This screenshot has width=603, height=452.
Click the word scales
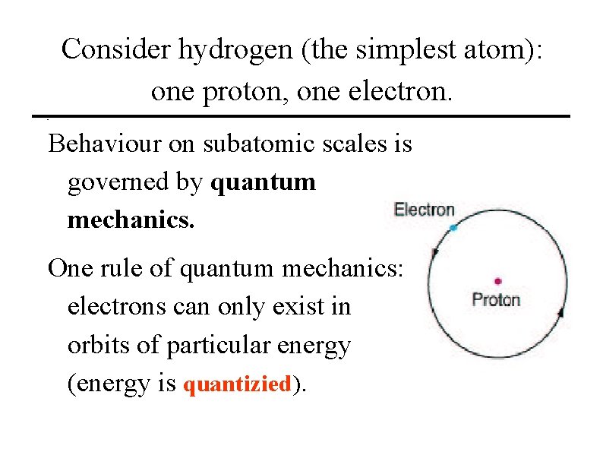click(x=361, y=143)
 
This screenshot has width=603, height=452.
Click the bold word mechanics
click(x=131, y=220)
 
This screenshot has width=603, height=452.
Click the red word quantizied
click(x=238, y=384)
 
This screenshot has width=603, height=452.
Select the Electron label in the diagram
click(x=425, y=210)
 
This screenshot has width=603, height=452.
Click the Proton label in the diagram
click(x=496, y=299)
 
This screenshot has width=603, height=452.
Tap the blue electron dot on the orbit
click(x=453, y=228)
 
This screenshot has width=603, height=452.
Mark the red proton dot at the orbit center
click(x=497, y=282)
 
